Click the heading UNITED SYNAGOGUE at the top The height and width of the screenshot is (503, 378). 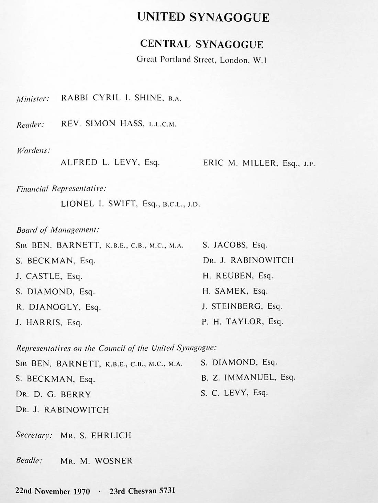click(203, 17)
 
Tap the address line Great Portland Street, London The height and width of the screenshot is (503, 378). click(201, 60)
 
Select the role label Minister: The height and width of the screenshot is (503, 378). click(33, 99)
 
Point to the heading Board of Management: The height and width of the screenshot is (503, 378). click(57, 229)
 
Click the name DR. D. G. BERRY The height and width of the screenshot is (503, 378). click(53, 394)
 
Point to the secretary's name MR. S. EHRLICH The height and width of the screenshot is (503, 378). click(96, 435)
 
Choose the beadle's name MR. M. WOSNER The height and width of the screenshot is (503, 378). click(96, 461)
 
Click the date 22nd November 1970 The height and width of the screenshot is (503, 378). click(53, 491)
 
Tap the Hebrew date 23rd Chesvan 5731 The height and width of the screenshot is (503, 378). click(142, 491)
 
